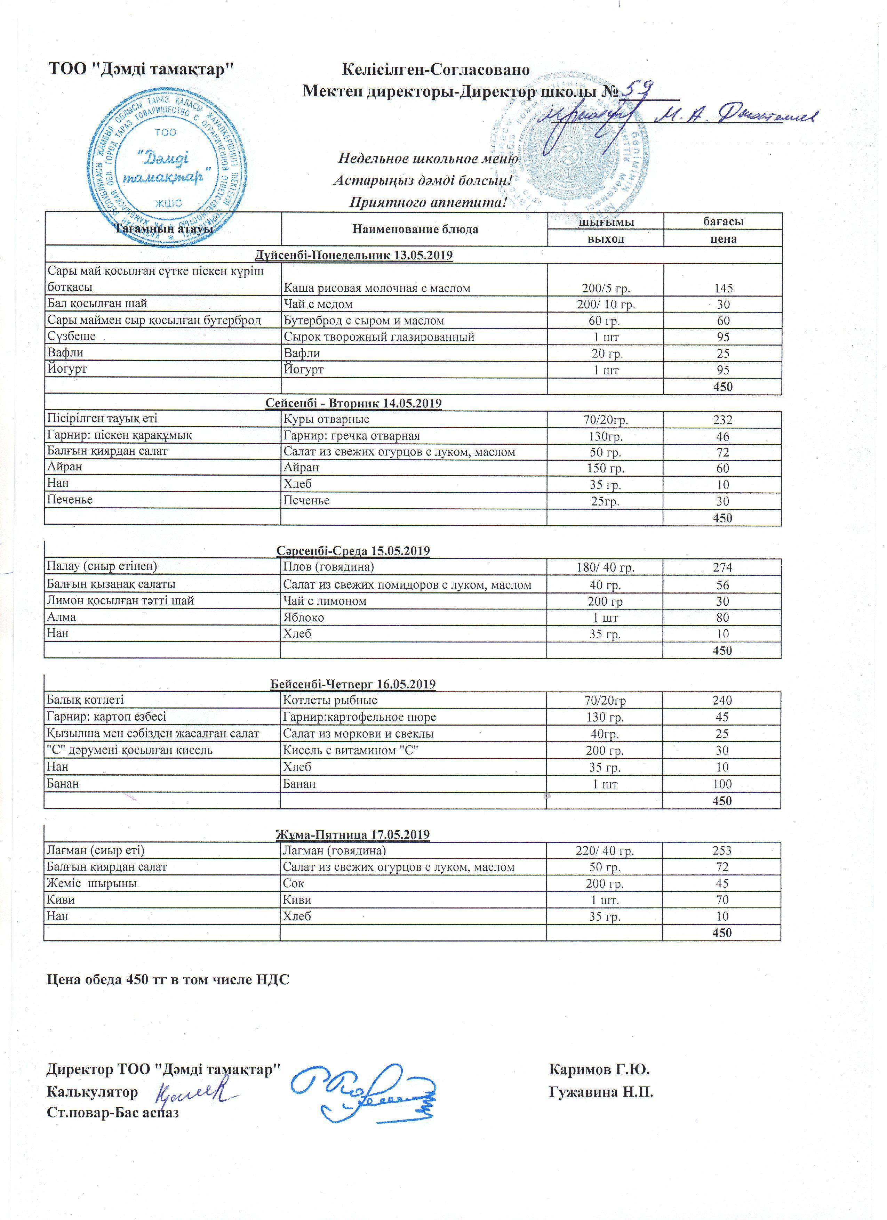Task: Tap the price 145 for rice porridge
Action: (722, 288)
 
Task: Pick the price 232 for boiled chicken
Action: (722, 420)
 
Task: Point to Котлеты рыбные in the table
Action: (330, 700)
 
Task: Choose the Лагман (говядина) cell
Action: (334, 850)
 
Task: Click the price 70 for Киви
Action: (722, 899)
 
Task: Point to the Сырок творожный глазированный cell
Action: (379, 337)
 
